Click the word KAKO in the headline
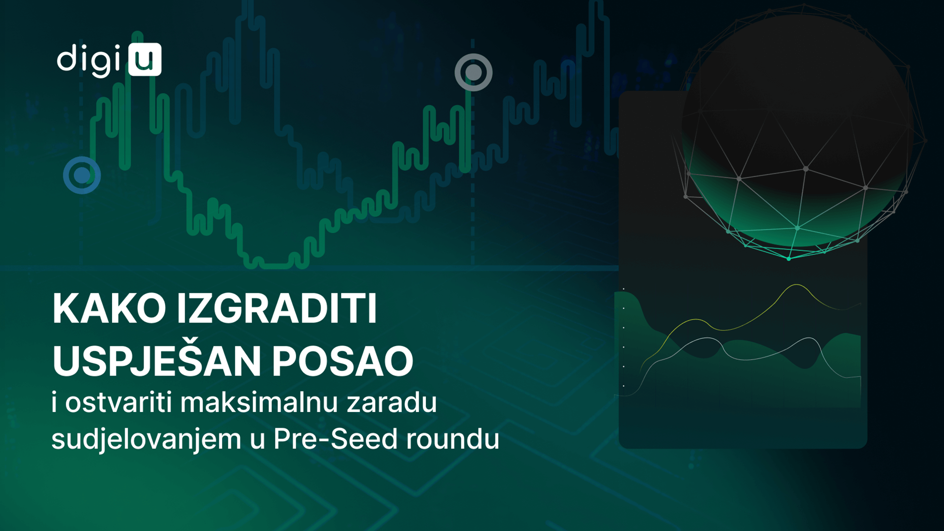109,308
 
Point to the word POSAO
343,361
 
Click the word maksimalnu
259,402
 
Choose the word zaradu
392,402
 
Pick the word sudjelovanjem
147,439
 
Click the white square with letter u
145,59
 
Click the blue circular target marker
82,175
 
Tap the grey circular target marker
473,73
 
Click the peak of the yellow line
796,285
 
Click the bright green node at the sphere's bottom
789,258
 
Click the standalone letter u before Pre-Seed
258,442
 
